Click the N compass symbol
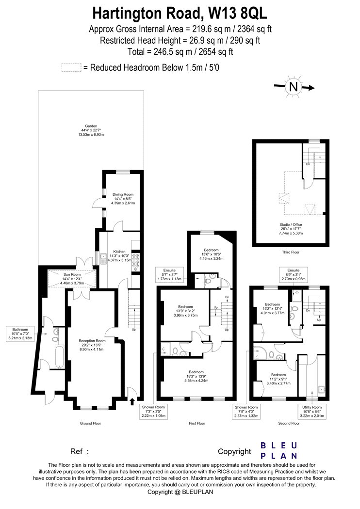[294, 87]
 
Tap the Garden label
[91, 130]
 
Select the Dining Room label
[123, 199]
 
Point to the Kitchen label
[119, 256]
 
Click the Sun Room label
[72, 279]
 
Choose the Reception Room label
[92, 345]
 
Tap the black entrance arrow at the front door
[132, 402]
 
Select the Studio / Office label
[291, 228]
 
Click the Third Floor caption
[291, 252]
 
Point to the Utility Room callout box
[311, 411]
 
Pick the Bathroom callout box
[20, 334]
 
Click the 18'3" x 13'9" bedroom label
[196, 376]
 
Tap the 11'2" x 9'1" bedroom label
[278, 379]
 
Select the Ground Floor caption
[90, 423]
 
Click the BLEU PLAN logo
[279, 450]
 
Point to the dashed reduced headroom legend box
[71, 67]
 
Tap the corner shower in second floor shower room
[260, 353]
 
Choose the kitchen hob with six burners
[135, 262]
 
